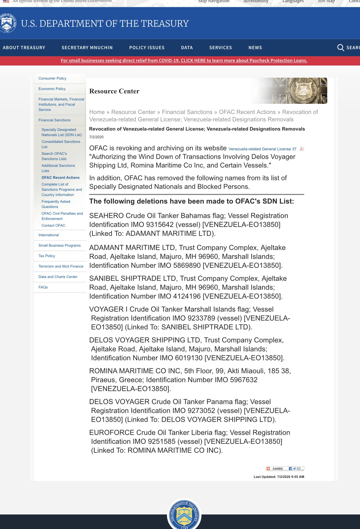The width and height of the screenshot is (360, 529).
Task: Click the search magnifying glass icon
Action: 341,48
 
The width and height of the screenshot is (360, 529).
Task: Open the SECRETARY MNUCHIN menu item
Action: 87,48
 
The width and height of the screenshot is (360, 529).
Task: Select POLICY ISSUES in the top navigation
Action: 147,48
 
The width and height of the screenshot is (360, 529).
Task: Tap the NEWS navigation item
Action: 255,48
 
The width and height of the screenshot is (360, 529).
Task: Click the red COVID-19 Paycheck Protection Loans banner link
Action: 184,61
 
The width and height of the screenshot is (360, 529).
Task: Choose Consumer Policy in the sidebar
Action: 52,78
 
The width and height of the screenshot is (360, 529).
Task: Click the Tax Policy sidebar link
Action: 47,256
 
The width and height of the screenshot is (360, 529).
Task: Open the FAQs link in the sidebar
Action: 43,287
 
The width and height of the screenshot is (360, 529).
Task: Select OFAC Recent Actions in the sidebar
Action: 60,177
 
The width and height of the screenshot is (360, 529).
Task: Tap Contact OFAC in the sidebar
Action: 53,226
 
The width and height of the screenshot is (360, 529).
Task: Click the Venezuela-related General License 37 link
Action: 262,149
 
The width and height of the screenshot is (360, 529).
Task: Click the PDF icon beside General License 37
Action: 302,149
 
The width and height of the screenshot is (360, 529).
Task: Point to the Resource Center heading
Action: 114,91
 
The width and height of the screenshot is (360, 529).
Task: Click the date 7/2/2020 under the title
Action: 96,137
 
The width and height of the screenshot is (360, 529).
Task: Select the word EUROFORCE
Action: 112,432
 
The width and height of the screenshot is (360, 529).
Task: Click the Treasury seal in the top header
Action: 7,23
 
